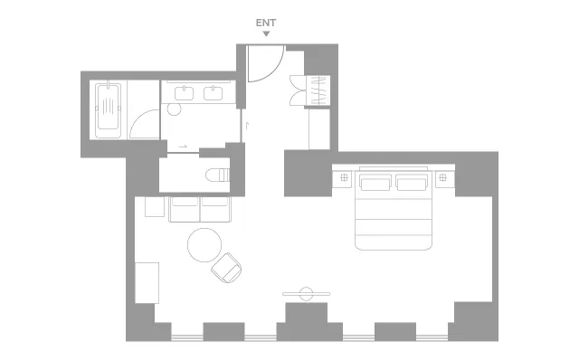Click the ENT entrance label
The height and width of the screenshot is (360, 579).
coord(266,23)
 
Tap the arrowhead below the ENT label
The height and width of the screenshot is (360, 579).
coord(266,34)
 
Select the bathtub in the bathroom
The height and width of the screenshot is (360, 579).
coord(108,110)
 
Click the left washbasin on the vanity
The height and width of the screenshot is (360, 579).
coord(184,93)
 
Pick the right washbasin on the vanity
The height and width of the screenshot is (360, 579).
coord(214,93)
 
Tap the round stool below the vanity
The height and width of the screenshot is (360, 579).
coord(174,109)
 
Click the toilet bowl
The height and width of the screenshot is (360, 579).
coord(217,175)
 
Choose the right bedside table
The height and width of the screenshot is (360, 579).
coord(444,179)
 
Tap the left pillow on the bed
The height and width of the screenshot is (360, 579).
coord(375,183)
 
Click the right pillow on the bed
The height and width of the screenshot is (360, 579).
coord(412,183)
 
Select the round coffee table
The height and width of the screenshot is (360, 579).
coord(204,245)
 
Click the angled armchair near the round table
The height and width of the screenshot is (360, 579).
coord(226,268)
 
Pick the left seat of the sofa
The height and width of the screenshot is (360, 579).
coord(185,209)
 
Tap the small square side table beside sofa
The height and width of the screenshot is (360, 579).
coord(155,207)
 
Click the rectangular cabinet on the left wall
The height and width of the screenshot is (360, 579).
coord(147,283)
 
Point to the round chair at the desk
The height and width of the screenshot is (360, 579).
coord(306,294)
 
